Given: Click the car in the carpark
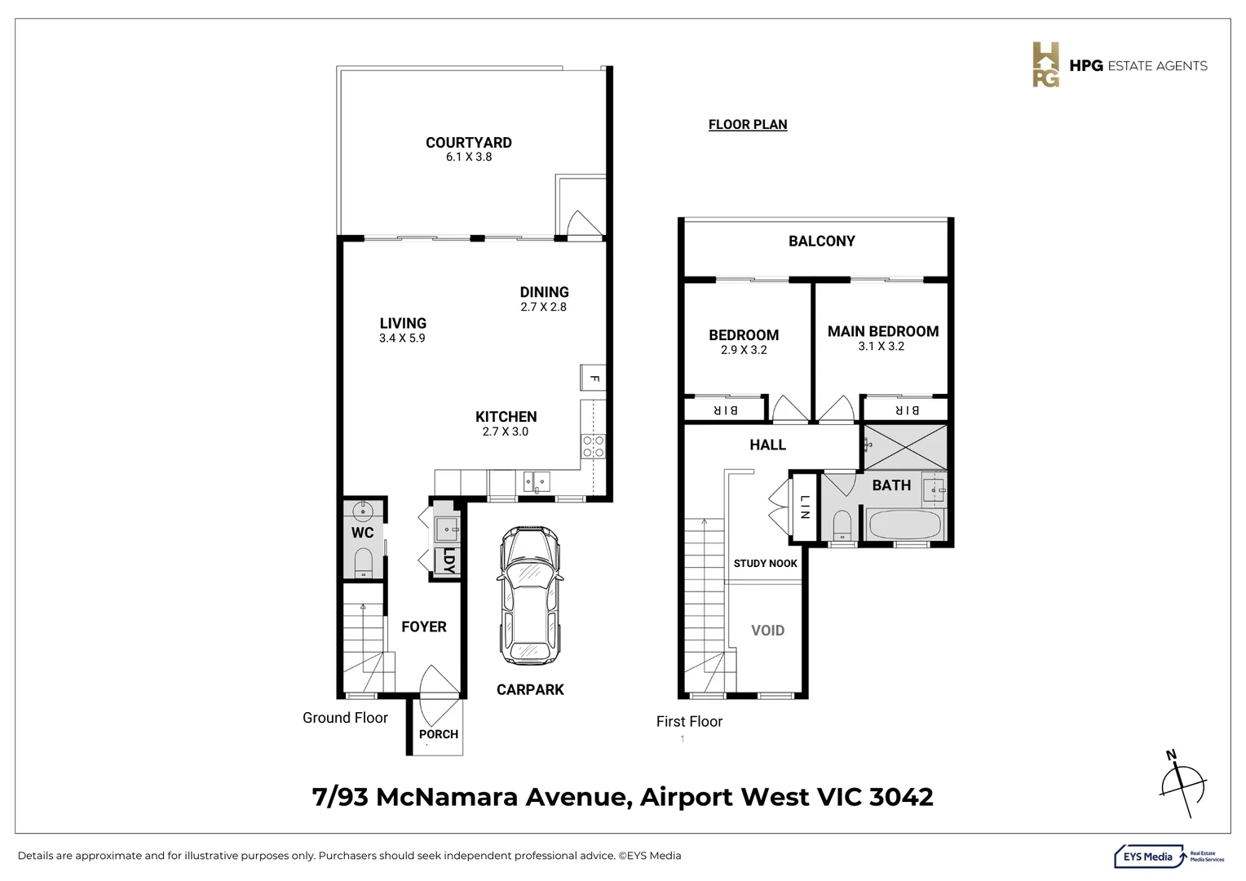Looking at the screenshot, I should pos(531,595).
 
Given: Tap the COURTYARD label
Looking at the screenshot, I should pos(468,143).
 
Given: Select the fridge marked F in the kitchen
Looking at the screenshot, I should pos(593,379).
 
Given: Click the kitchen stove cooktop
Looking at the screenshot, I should pos(593,445).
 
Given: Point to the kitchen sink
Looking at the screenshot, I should pos(537,482).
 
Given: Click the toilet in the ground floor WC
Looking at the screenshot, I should pos(364,562).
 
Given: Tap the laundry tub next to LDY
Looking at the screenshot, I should pos(446,529).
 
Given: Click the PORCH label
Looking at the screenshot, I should pos(438,734).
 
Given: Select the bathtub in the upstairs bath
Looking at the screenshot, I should pos(904,525).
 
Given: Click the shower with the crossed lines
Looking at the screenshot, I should pos(905,447).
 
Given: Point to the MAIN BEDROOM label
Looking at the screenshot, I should pos(882,331).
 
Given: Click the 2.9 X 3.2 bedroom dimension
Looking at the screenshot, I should pos(743,350).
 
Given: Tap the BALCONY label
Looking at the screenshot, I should pos(821,241).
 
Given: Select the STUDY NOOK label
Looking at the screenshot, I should pos(765,564).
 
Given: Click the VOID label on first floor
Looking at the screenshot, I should pos(767,631).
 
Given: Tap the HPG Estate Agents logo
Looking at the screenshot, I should pos(1120,65).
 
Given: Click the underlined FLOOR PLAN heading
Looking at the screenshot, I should pos(747,125).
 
